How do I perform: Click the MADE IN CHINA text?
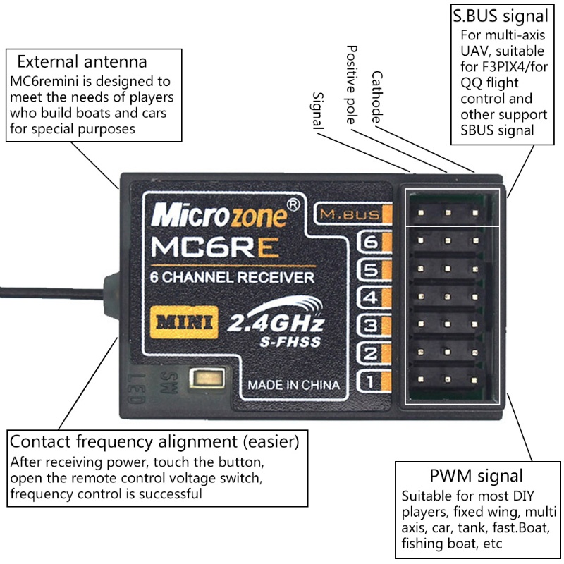tap(293, 385)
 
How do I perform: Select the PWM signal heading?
tap(476, 475)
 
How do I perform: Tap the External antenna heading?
tap(82, 61)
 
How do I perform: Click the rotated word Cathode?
tap(386, 97)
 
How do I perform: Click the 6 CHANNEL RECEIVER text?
tap(233, 278)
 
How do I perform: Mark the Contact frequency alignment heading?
tap(154, 443)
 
